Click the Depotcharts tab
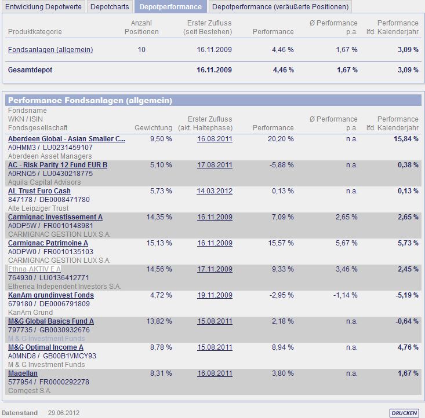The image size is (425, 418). tap(110, 6)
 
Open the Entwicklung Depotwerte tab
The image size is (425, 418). tap(43, 6)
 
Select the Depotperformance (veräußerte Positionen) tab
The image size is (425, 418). tap(281, 6)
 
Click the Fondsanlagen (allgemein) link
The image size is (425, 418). tap(50, 50)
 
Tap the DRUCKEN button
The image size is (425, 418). tap(404, 413)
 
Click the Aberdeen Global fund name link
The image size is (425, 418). tap(67, 139)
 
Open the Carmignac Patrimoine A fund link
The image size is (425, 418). tap(48, 243)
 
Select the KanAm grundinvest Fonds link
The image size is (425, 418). tap(51, 295)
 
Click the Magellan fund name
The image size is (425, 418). tap(23, 373)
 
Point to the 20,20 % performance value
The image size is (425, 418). tap(282, 139)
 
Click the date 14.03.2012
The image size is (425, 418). tap(215, 191)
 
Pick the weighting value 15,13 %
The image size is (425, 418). tap(160, 243)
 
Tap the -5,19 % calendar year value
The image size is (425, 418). tap(406, 295)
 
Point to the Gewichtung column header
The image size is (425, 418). tap(153, 127)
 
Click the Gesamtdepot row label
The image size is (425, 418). tap(30, 70)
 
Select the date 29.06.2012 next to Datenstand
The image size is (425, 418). tap(64, 413)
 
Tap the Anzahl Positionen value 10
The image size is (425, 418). tap(141, 50)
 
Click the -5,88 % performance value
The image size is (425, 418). tap(282, 165)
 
